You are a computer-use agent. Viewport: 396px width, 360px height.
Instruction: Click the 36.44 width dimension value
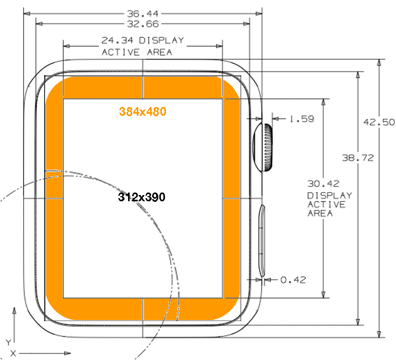pos(143,14)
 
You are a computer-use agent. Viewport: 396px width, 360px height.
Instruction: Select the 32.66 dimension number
pos(143,24)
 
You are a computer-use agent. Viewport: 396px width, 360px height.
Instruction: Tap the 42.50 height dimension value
pos(379,122)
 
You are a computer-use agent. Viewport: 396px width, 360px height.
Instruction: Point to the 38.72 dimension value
pos(358,158)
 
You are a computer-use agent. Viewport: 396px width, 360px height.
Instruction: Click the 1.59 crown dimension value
pos(302,119)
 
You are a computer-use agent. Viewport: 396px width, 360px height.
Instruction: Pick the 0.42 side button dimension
pos(293,280)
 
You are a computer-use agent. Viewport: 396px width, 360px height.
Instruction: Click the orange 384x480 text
pos(143,112)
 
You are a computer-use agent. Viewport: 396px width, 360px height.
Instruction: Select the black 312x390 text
pos(142,197)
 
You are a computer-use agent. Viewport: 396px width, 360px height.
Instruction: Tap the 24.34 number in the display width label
pos(117,40)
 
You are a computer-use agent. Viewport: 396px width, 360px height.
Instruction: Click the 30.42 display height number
pos(323,184)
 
